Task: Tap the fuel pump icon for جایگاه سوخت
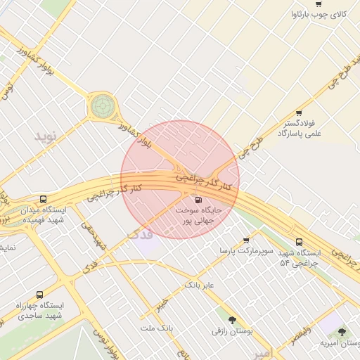click(x=197, y=200)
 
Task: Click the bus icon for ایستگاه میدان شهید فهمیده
click(x=44, y=199)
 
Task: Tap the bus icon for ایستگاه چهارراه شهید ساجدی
click(x=39, y=295)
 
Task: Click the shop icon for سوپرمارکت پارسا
click(x=245, y=240)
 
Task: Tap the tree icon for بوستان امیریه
click(x=342, y=332)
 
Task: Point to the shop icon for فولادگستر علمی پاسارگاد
click(x=299, y=113)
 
